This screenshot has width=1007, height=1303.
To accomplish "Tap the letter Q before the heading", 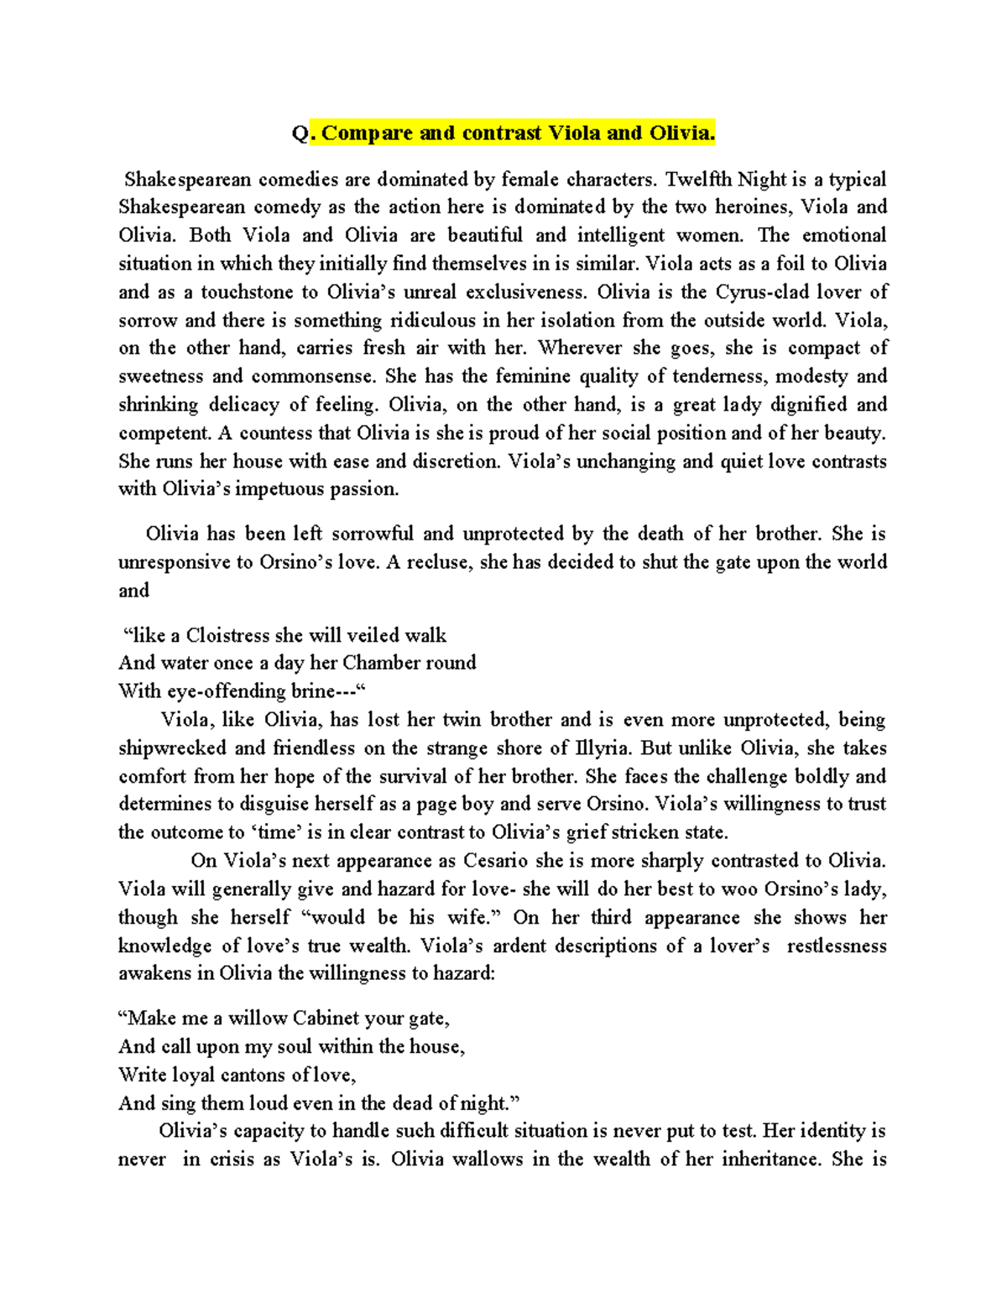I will pos(300,133).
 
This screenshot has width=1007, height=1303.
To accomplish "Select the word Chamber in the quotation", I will pos(373,663).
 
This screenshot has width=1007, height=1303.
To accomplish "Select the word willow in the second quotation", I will pos(258,1019).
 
